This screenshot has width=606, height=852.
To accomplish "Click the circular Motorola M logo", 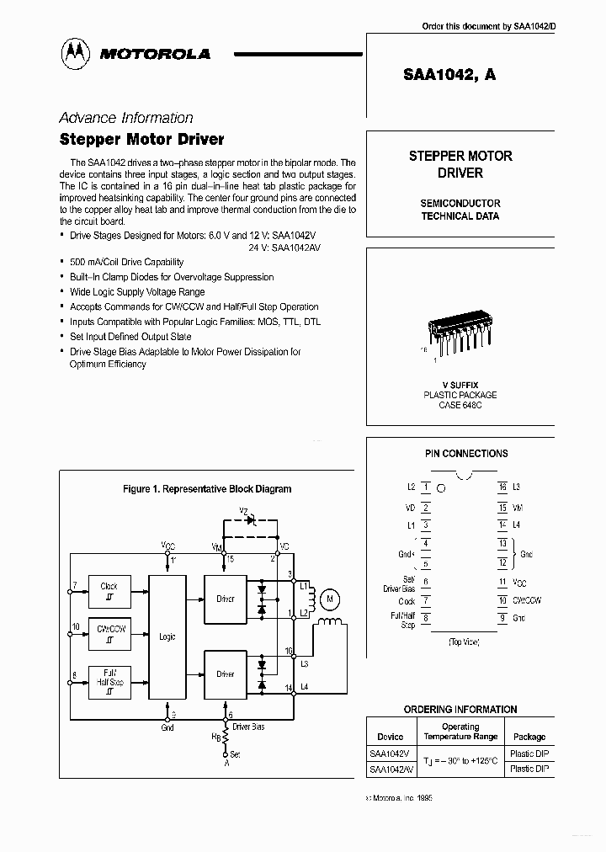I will [77, 53].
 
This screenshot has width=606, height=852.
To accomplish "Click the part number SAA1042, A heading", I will [450, 74].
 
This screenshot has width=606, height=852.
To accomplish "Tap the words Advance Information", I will [126, 118].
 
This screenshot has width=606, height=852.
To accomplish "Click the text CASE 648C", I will [460, 406].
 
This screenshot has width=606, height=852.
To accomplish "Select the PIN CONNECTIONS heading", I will [465, 454].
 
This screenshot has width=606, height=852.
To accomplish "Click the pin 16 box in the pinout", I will [502, 487].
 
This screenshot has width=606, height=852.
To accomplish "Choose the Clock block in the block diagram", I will [109, 592].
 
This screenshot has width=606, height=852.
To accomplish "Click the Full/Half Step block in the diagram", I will [109, 678].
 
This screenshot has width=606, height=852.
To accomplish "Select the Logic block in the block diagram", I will [167, 637].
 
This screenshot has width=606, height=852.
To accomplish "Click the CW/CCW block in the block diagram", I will [109, 633].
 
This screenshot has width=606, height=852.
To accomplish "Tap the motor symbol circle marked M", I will [330, 599].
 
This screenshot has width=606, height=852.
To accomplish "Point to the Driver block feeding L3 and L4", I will [226, 674].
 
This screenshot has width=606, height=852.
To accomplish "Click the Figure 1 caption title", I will [207, 489].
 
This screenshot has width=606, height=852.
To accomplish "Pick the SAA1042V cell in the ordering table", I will [391, 754].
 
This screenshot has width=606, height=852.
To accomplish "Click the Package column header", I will [529, 737].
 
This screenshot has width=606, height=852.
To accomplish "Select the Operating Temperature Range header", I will [460, 732].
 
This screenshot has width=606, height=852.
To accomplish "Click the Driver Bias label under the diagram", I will [248, 727].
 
